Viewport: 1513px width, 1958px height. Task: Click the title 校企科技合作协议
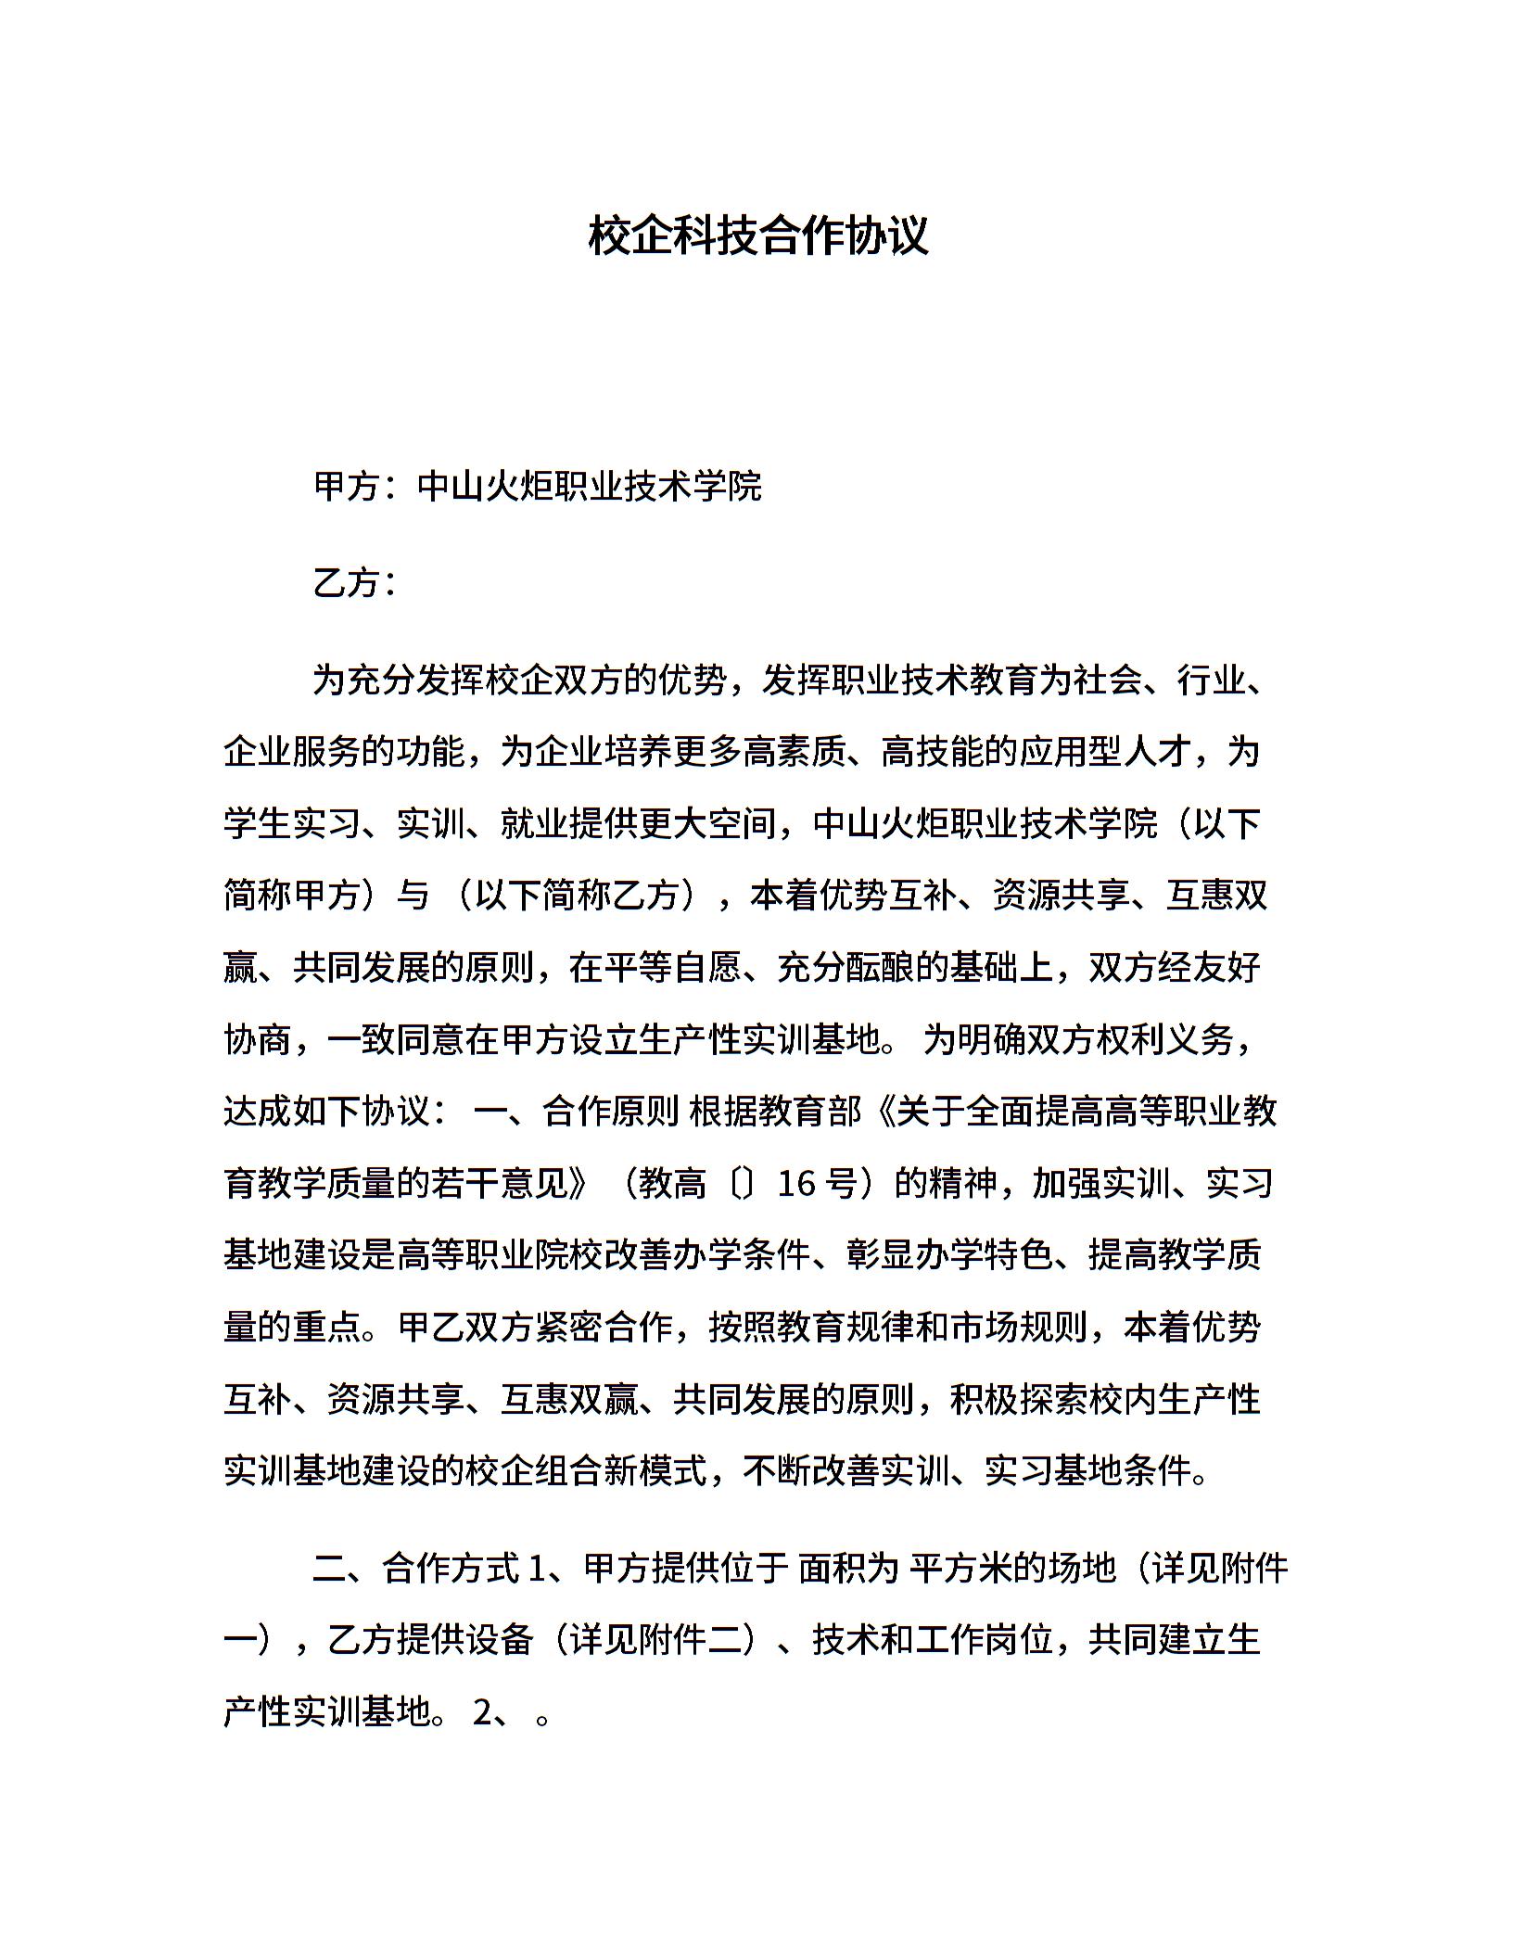(x=757, y=235)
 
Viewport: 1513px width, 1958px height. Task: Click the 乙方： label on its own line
(x=355, y=583)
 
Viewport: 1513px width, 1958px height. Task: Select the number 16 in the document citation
(x=795, y=1184)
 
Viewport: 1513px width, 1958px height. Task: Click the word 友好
(x=1226, y=968)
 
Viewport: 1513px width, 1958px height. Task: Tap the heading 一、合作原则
(x=576, y=1112)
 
